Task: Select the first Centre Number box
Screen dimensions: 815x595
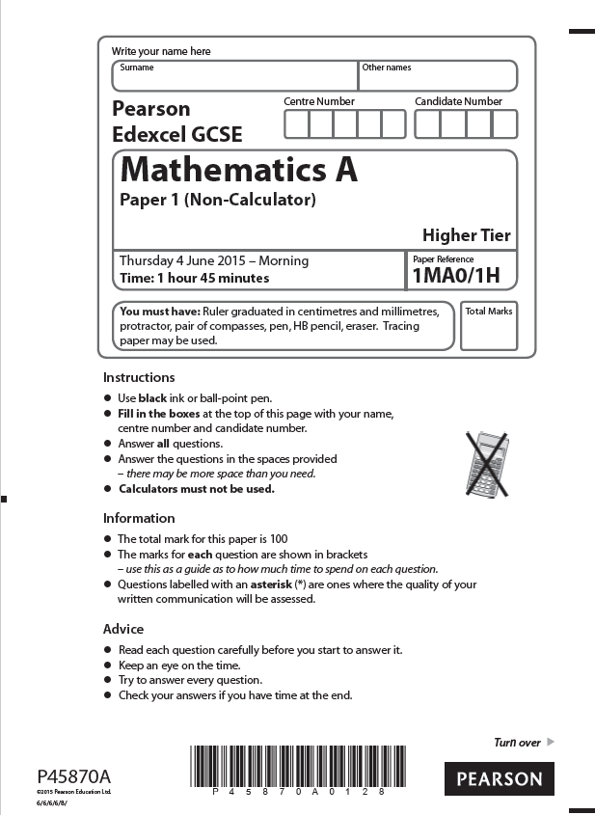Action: point(296,123)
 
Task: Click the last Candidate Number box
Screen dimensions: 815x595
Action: point(504,123)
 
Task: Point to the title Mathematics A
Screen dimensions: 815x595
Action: point(238,170)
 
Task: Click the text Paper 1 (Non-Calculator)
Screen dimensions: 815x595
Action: point(218,201)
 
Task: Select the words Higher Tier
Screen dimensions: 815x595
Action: point(466,234)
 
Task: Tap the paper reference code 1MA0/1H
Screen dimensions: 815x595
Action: point(456,277)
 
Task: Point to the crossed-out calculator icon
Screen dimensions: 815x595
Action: point(488,459)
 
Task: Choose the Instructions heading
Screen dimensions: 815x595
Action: point(139,377)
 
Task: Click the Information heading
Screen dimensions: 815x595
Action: point(139,518)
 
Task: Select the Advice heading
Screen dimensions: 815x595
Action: point(123,629)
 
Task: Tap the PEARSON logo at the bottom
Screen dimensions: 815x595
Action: point(500,778)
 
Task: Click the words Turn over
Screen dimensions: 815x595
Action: point(518,743)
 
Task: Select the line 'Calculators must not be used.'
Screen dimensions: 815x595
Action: point(197,489)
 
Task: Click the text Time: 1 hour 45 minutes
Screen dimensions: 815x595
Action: point(194,278)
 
